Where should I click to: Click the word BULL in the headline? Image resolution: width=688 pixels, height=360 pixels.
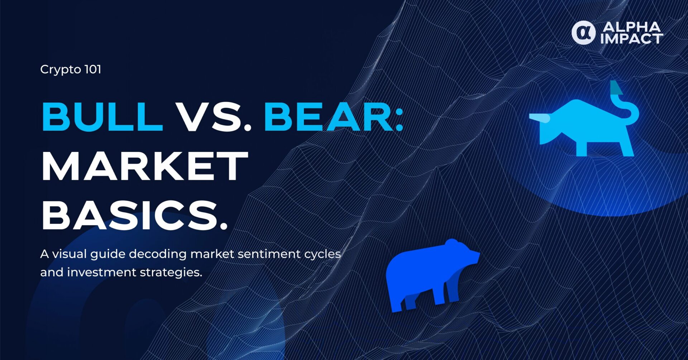(x=102, y=117)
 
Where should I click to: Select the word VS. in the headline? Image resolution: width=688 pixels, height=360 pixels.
(x=214, y=117)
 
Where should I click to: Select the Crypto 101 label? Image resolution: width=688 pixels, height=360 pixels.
(x=71, y=69)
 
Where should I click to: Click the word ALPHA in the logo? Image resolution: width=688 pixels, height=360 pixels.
(x=632, y=27)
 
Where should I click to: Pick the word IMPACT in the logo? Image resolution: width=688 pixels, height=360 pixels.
(x=632, y=39)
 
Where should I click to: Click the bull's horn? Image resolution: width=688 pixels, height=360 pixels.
(x=540, y=118)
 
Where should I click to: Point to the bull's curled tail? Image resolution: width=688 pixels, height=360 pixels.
(x=625, y=104)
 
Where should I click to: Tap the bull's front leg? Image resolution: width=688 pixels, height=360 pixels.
(x=582, y=145)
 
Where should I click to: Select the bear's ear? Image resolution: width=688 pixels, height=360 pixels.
(x=451, y=243)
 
